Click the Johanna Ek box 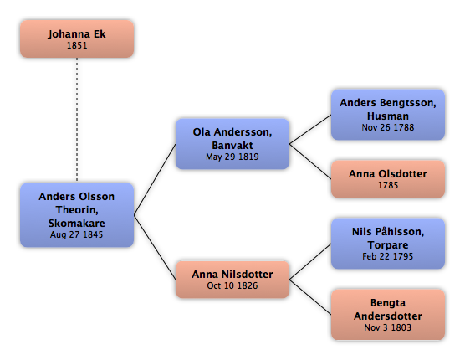click(x=77, y=39)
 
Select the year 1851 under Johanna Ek click(x=77, y=45)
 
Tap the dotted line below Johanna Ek click(x=77, y=120)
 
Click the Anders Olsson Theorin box click(x=77, y=215)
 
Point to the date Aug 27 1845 click(x=76, y=234)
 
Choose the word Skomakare click(x=76, y=223)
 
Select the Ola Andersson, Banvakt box click(x=232, y=144)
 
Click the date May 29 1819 click(x=232, y=157)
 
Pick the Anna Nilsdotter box click(x=232, y=280)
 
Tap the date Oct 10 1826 click(x=232, y=285)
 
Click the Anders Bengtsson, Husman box click(x=388, y=115)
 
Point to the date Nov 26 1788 click(x=388, y=127)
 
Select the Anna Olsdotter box click(x=388, y=179)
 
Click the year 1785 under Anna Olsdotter click(x=388, y=185)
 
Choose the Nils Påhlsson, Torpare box click(x=388, y=244)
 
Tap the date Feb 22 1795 click(x=387, y=256)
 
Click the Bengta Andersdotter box click(x=388, y=315)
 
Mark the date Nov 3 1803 click(x=388, y=327)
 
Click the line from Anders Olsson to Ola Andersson click(x=155, y=179)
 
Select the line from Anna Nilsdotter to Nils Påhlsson click(x=310, y=261)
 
